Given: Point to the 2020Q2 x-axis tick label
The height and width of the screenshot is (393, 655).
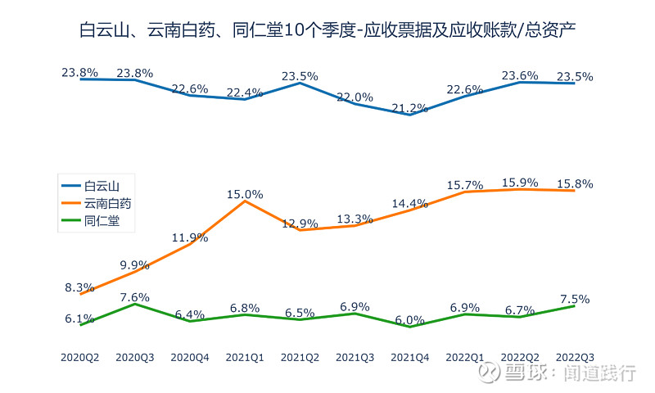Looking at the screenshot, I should point(80,357).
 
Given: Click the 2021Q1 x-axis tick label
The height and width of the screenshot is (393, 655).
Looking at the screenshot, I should point(245,357).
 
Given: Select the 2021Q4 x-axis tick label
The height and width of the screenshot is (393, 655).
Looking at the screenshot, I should point(410,357).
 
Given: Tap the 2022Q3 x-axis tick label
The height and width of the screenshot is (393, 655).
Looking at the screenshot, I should point(575,357).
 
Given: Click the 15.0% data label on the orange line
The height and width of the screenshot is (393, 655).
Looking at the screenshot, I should point(245,194).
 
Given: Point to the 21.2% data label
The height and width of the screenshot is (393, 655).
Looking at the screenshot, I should point(410,108).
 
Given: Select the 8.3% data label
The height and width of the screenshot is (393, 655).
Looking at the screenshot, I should point(80,287).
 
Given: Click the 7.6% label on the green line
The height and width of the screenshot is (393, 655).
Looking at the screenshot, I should point(135,297).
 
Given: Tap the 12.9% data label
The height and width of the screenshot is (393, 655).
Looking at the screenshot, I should point(300,224).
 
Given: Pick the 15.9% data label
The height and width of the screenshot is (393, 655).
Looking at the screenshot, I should point(520,182).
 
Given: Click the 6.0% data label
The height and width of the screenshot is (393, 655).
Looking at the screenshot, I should point(410,320).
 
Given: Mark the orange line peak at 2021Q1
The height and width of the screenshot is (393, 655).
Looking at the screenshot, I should point(245,201).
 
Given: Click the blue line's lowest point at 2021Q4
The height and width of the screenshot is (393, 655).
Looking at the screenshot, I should point(410,115).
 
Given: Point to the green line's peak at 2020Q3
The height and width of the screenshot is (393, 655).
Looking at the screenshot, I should point(135,304).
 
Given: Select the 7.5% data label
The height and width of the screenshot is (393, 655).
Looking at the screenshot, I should point(575,299).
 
